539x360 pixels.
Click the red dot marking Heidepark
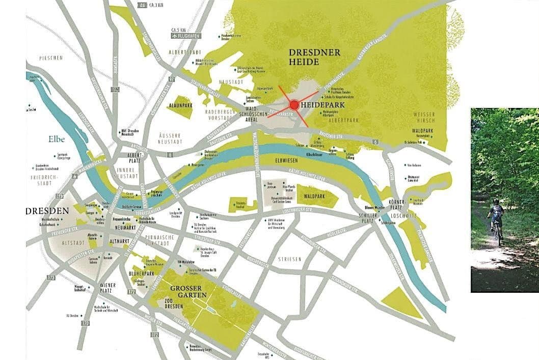pyautogui.click(x=294, y=105)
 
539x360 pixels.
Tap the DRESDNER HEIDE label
pyautogui.click(x=311, y=57)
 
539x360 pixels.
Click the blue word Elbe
pyautogui.click(x=57, y=138)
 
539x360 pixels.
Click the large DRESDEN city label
pyautogui.click(x=48, y=211)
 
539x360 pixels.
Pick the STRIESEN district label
pyautogui.click(x=289, y=259)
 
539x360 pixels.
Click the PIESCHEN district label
pyautogui.click(x=50, y=58)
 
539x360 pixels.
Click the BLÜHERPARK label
pyautogui.click(x=143, y=273)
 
